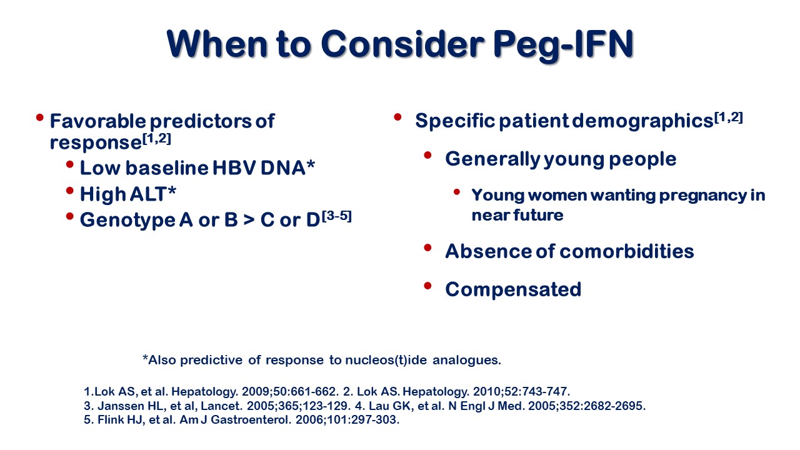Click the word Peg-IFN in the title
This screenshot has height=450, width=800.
coord(563,45)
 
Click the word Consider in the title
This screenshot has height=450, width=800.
coord(402,44)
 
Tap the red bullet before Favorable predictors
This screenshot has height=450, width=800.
coord(39,117)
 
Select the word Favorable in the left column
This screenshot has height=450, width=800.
coord(97,121)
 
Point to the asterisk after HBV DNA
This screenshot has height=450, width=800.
coord(311,165)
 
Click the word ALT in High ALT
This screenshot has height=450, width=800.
coord(148,194)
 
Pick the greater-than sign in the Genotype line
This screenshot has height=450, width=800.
coord(249,219)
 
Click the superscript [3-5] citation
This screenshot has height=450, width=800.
coord(337,216)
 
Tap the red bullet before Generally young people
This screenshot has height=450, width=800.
coord(427,156)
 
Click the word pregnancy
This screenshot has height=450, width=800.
coord(702,196)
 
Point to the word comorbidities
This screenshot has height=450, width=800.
coord(626,251)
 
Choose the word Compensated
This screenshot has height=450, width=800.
coord(513,289)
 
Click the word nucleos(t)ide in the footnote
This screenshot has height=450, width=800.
coord(386,360)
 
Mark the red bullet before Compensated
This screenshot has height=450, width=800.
coord(427,286)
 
